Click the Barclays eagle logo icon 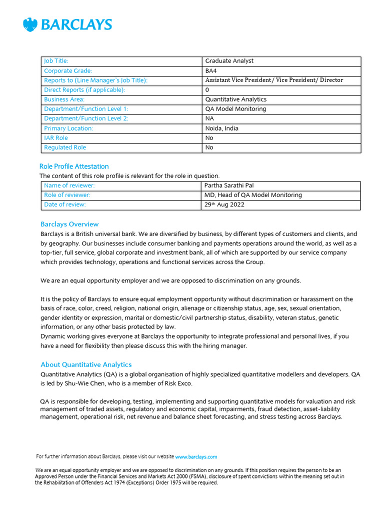click(30, 24)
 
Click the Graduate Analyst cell click(229, 61)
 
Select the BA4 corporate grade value click(211, 71)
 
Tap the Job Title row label click(56, 61)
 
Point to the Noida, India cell click(221, 128)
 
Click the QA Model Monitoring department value click(235, 109)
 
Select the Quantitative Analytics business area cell click(236, 99)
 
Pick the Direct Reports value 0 click(207, 90)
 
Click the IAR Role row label click(56, 138)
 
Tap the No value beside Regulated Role click(209, 147)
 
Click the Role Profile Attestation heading click(74, 166)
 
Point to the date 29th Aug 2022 click(224, 204)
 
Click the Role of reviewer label click(67, 195)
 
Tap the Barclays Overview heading click(69, 224)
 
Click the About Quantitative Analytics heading click(86, 364)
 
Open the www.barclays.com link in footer click(196, 456)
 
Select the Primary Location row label click(68, 128)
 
